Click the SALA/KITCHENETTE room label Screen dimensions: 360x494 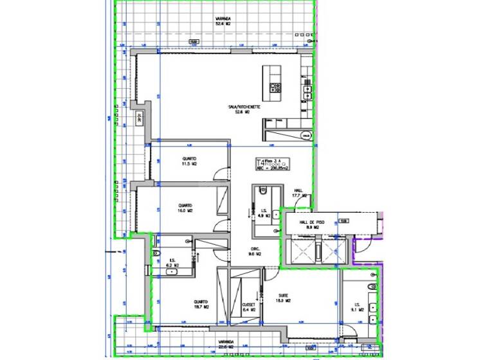[243, 109]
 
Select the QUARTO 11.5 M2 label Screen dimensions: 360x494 [189, 161]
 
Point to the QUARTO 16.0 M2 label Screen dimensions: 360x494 [186, 208]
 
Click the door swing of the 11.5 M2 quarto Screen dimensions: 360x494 [221, 174]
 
